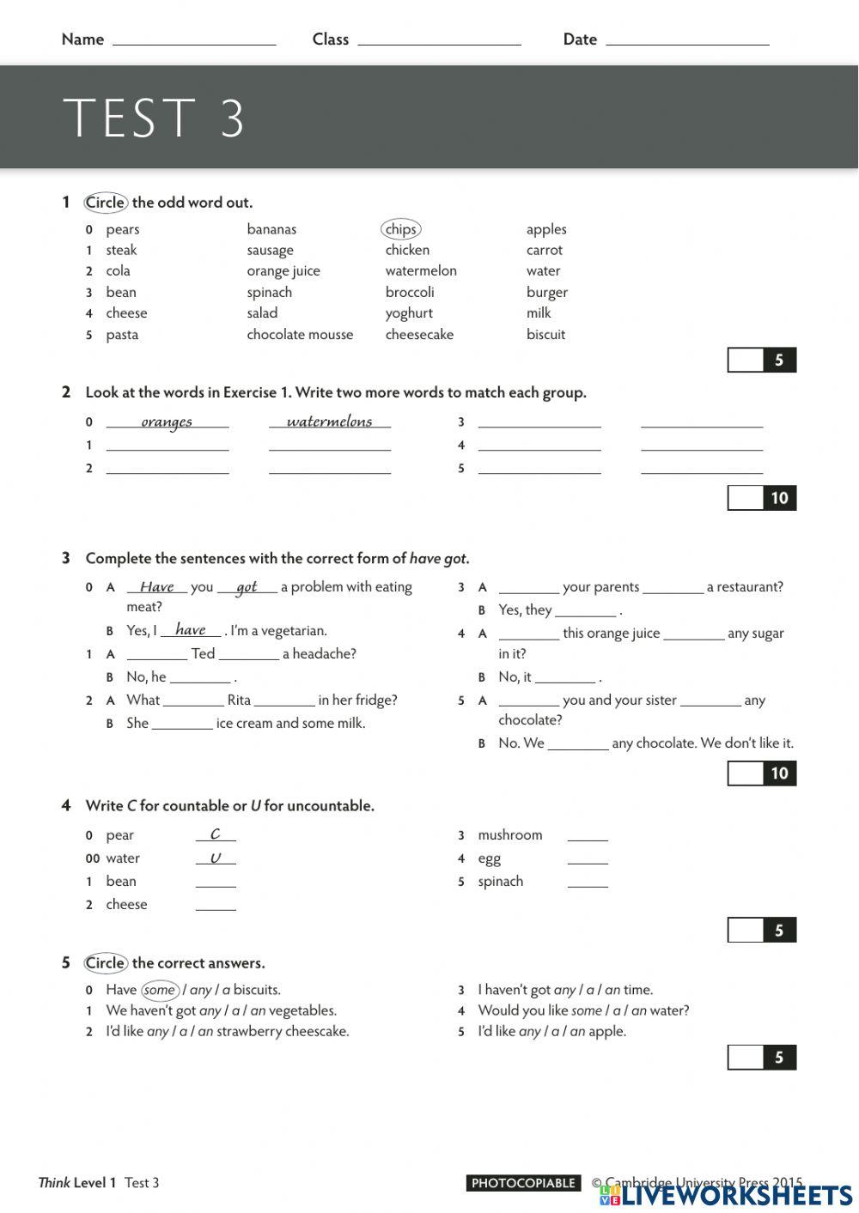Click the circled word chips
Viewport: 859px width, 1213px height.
click(x=400, y=229)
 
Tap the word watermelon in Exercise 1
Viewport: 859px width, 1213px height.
click(x=421, y=271)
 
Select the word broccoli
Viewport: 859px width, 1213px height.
click(x=410, y=293)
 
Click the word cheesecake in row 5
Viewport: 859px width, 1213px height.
click(x=419, y=335)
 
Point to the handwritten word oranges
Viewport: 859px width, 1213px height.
click(x=167, y=422)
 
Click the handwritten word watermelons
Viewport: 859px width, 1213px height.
click(x=329, y=422)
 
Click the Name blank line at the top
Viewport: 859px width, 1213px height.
click(x=194, y=39)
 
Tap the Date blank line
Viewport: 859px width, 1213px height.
click(x=687, y=39)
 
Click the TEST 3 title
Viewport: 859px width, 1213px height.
click(x=155, y=118)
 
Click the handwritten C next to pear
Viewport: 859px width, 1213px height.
click(x=215, y=834)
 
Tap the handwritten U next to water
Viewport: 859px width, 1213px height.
click(x=215, y=858)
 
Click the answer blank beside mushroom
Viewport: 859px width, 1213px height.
click(x=588, y=835)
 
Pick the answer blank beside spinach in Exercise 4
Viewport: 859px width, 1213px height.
click(x=588, y=882)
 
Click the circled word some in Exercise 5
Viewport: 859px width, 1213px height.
click(x=160, y=990)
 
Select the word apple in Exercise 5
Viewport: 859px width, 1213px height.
click(x=606, y=1032)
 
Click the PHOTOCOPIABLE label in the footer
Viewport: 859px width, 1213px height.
click(x=523, y=1183)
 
